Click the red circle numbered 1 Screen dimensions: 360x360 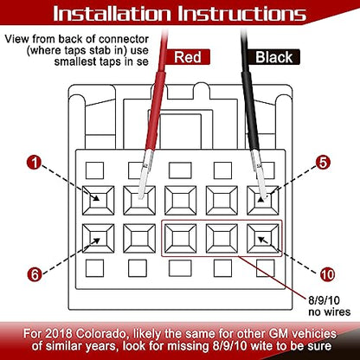35,163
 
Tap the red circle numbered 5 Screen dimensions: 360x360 323,163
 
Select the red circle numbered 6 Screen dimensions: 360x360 35,274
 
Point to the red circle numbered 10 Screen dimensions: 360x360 327,274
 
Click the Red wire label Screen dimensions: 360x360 188,57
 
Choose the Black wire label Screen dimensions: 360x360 273,57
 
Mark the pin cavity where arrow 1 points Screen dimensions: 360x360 98,201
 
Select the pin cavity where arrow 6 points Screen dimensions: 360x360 98,239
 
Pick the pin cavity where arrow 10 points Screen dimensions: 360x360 263,239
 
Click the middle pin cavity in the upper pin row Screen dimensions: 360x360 181,201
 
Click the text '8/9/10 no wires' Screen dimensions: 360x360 330,306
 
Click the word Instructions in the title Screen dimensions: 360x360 241,14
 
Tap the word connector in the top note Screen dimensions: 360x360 124,39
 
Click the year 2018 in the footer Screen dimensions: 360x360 60,334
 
